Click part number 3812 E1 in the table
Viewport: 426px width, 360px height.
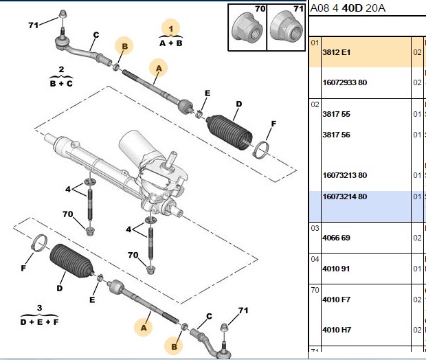click(337, 52)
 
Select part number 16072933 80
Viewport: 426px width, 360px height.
click(344, 82)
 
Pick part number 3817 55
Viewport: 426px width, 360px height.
click(336, 114)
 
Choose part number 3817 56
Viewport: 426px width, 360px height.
click(336, 135)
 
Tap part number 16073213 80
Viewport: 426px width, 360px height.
click(344, 175)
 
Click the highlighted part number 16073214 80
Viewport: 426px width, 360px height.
click(344, 196)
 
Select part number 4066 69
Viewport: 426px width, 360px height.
click(336, 238)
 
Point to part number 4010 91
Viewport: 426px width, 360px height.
click(336, 269)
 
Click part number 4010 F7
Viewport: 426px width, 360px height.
click(337, 300)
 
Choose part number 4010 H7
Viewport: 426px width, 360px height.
click(337, 330)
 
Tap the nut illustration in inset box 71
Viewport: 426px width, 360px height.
click(287, 27)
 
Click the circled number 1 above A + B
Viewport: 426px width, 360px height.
click(170, 29)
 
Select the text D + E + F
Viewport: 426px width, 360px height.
click(39, 322)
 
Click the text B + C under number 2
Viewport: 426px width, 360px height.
click(61, 83)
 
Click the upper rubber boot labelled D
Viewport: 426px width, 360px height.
click(229, 132)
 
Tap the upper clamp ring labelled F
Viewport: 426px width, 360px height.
click(261, 150)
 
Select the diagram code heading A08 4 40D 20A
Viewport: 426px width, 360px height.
click(348, 8)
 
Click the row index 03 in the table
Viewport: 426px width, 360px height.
click(315, 228)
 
